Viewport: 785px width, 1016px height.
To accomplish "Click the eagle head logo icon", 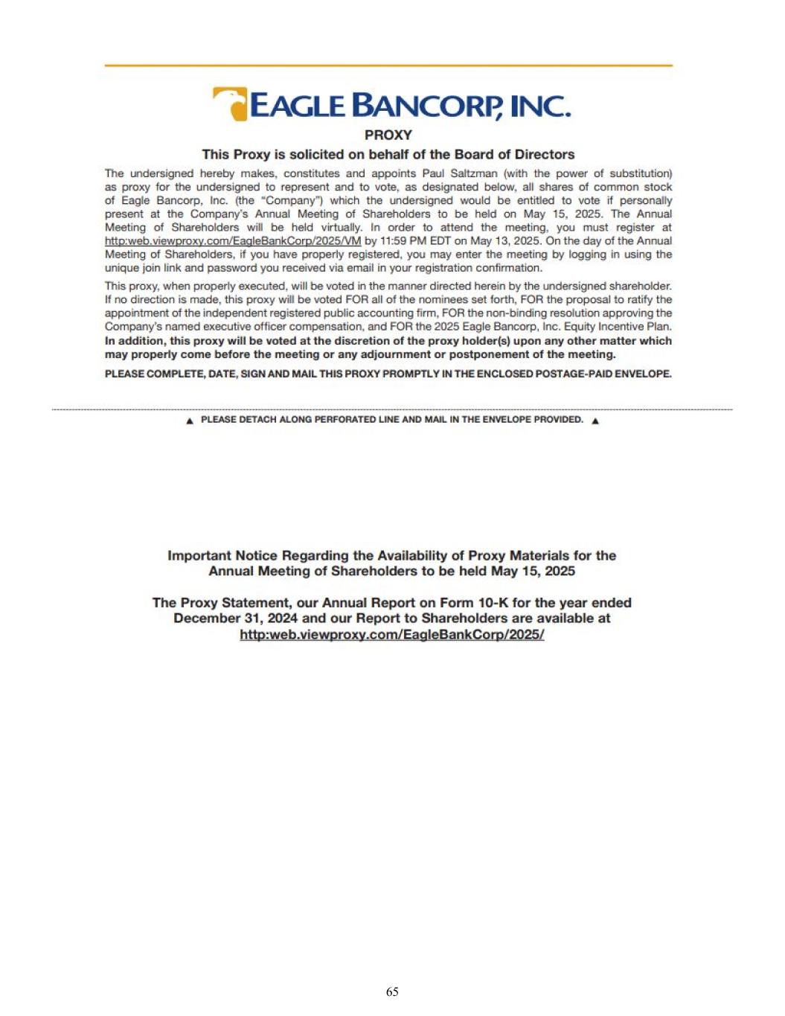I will [x=230, y=103].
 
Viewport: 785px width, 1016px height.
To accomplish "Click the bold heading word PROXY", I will [x=388, y=135].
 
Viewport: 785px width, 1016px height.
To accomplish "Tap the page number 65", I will [x=392, y=991].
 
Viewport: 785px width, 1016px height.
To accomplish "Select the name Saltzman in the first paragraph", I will [x=473, y=173].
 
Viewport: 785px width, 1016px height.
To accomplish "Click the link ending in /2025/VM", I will [x=233, y=240].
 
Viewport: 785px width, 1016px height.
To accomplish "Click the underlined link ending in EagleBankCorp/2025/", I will [x=391, y=634].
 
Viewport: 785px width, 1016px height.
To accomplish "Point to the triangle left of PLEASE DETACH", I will [x=190, y=421].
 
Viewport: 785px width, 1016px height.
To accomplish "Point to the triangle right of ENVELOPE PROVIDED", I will [x=595, y=421].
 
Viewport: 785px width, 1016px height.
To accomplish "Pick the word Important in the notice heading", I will [x=199, y=555].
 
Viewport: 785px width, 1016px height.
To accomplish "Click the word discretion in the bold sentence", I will [x=347, y=341].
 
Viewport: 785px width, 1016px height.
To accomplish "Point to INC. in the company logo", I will [x=540, y=106].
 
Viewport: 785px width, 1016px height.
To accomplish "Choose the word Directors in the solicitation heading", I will [x=545, y=154].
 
